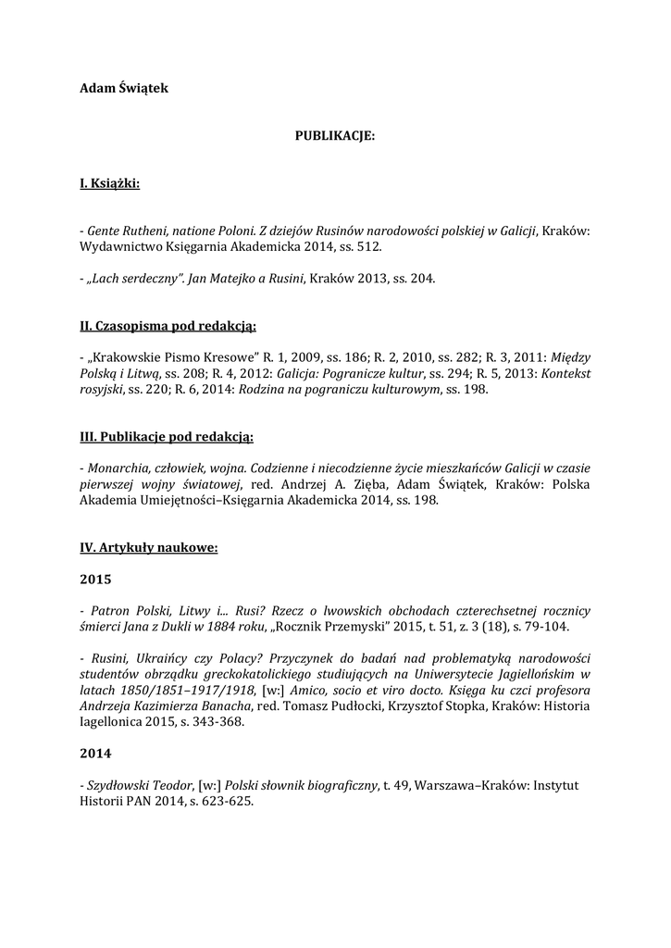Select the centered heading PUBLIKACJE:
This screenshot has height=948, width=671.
click(x=335, y=136)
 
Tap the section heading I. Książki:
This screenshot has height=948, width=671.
click(x=110, y=185)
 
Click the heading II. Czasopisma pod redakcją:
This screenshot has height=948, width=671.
click(x=168, y=326)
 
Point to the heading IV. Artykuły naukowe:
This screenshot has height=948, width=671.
click(x=149, y=548)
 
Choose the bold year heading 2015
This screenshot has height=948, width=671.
click(x=96, y=580)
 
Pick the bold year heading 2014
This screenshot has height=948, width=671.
click(x=96, y=754)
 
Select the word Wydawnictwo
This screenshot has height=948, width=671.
click(x=117, y=247)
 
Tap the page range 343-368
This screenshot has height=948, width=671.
click(x=216, y=722)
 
